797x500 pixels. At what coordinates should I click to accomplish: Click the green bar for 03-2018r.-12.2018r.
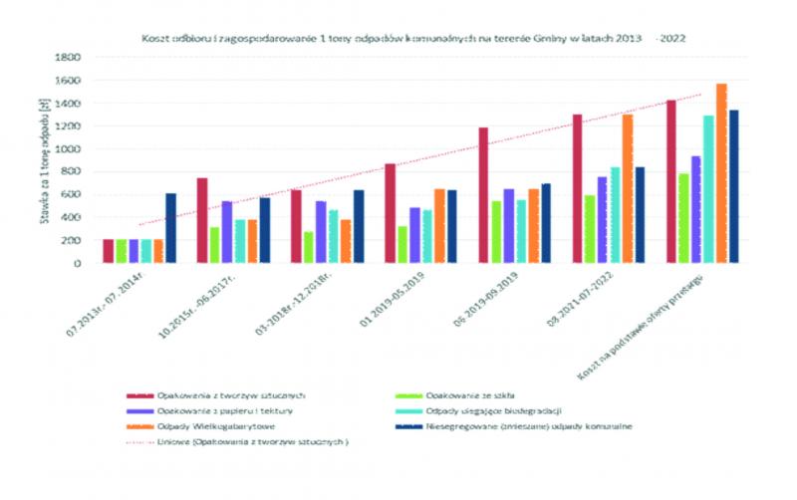coord(308,247)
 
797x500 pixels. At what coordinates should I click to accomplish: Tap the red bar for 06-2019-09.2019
coord(483,195)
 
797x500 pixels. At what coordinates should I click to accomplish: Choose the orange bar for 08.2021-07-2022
coord(628,188)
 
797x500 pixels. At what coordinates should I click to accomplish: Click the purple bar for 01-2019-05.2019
coord(414,235)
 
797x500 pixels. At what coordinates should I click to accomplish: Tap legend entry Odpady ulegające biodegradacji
coord(487,411)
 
